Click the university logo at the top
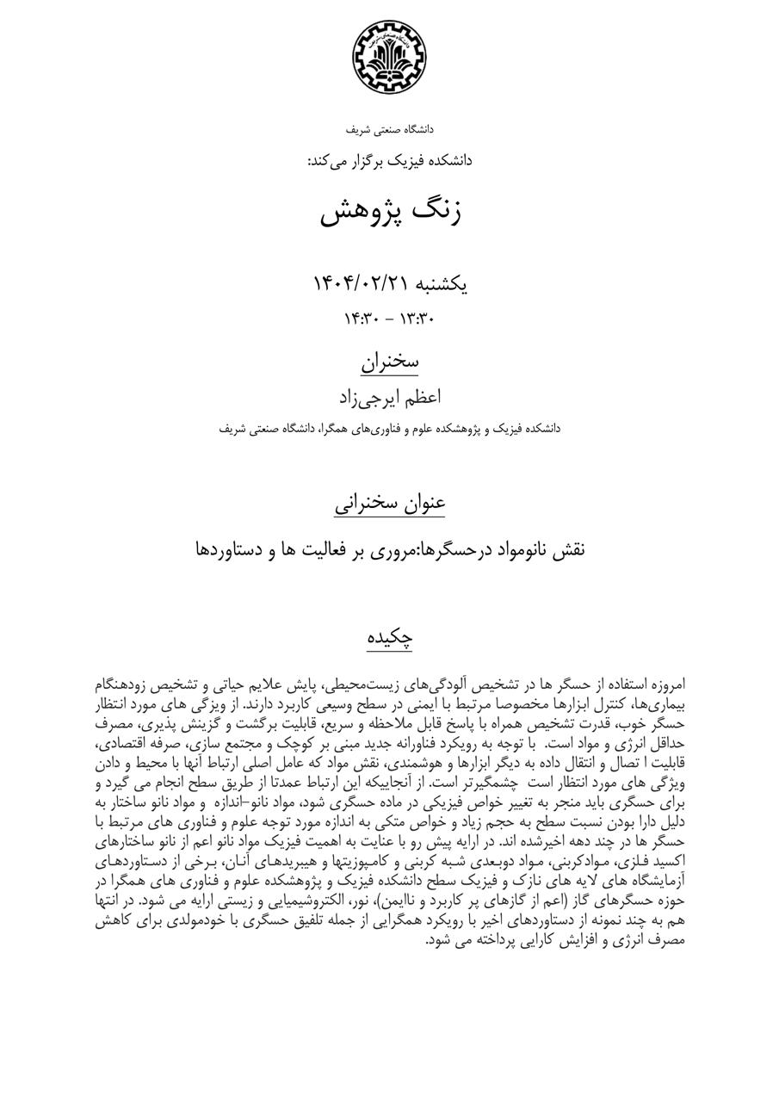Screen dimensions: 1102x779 (x=389, y=58)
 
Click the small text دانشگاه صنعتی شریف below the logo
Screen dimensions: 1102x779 (x=389, y=130)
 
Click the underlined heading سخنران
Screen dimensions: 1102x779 (x=389, y=362)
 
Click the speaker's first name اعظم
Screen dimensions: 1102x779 (x=421, y=397)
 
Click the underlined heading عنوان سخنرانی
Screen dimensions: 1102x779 (x=389, y=503)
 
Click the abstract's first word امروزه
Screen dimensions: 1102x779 (x=664, y=686)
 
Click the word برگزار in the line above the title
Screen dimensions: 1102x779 (x=373, y=161)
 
